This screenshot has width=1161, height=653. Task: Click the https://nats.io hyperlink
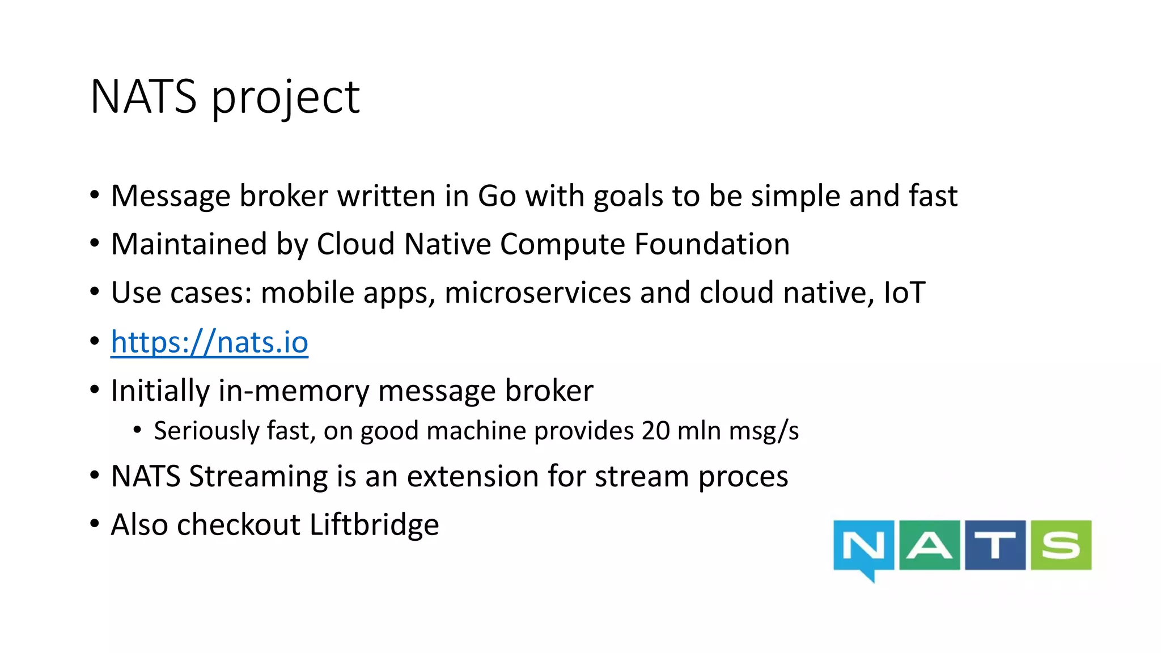click(x=209, y=342)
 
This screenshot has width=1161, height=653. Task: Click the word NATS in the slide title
click(x=143, y=96)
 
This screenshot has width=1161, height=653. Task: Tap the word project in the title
click(x=286, y=97)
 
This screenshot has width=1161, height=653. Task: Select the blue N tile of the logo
click(x=863, y=545)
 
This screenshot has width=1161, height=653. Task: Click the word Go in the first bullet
click(x=497, y=196)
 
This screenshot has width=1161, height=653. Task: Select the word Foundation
click(x=711, y=244)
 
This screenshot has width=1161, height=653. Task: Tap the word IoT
click(x=904, y=293)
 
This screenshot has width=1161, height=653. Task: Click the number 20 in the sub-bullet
click(x=656, y=431)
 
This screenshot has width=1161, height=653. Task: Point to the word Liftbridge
click(x=374, y=524)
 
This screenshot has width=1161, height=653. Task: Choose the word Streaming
click(x=258, y=476)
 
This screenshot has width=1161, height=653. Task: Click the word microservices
click(x=537, y=293)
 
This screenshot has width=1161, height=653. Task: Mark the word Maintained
click(x=189, y=244)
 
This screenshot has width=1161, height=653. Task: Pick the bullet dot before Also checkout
click(x=95, y=523)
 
